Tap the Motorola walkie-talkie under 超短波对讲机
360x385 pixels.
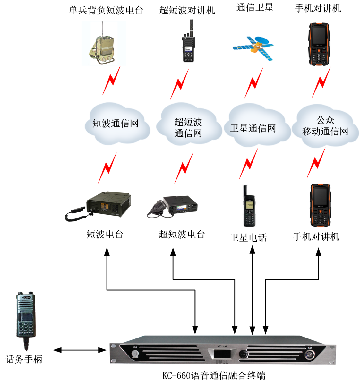point(188,43)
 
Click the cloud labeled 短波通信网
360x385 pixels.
point(116,124)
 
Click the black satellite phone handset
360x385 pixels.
point(249,207)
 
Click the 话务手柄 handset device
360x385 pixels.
point(26,318)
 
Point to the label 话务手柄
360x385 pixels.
point(24,359)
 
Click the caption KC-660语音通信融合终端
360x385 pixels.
point(214,375)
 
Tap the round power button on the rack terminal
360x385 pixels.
point(310,354)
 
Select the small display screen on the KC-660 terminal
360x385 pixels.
point(222,354)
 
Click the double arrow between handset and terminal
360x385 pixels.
point(80,350)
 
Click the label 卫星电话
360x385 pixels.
point(248,238)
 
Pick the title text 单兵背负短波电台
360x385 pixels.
point(106,10)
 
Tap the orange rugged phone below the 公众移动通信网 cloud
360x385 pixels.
point(320,205)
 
